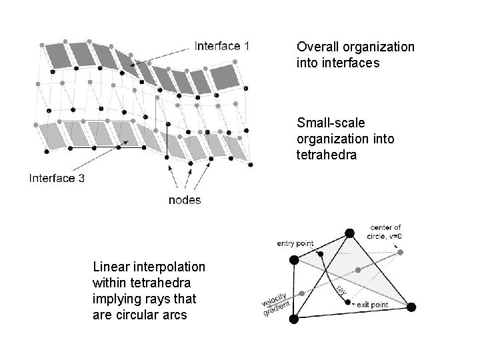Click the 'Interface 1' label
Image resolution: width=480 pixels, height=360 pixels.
pos(222,46)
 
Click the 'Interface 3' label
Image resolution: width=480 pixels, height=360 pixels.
pos(56,178)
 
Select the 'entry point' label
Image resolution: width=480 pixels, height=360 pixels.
pos(295,244)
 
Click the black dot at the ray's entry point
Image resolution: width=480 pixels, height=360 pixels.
pos(321,254)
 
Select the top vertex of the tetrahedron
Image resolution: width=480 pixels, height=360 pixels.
pos(349,233)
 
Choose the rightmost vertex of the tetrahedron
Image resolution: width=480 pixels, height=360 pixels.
pos(411,307)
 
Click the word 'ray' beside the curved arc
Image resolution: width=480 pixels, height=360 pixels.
pos(341,290)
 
